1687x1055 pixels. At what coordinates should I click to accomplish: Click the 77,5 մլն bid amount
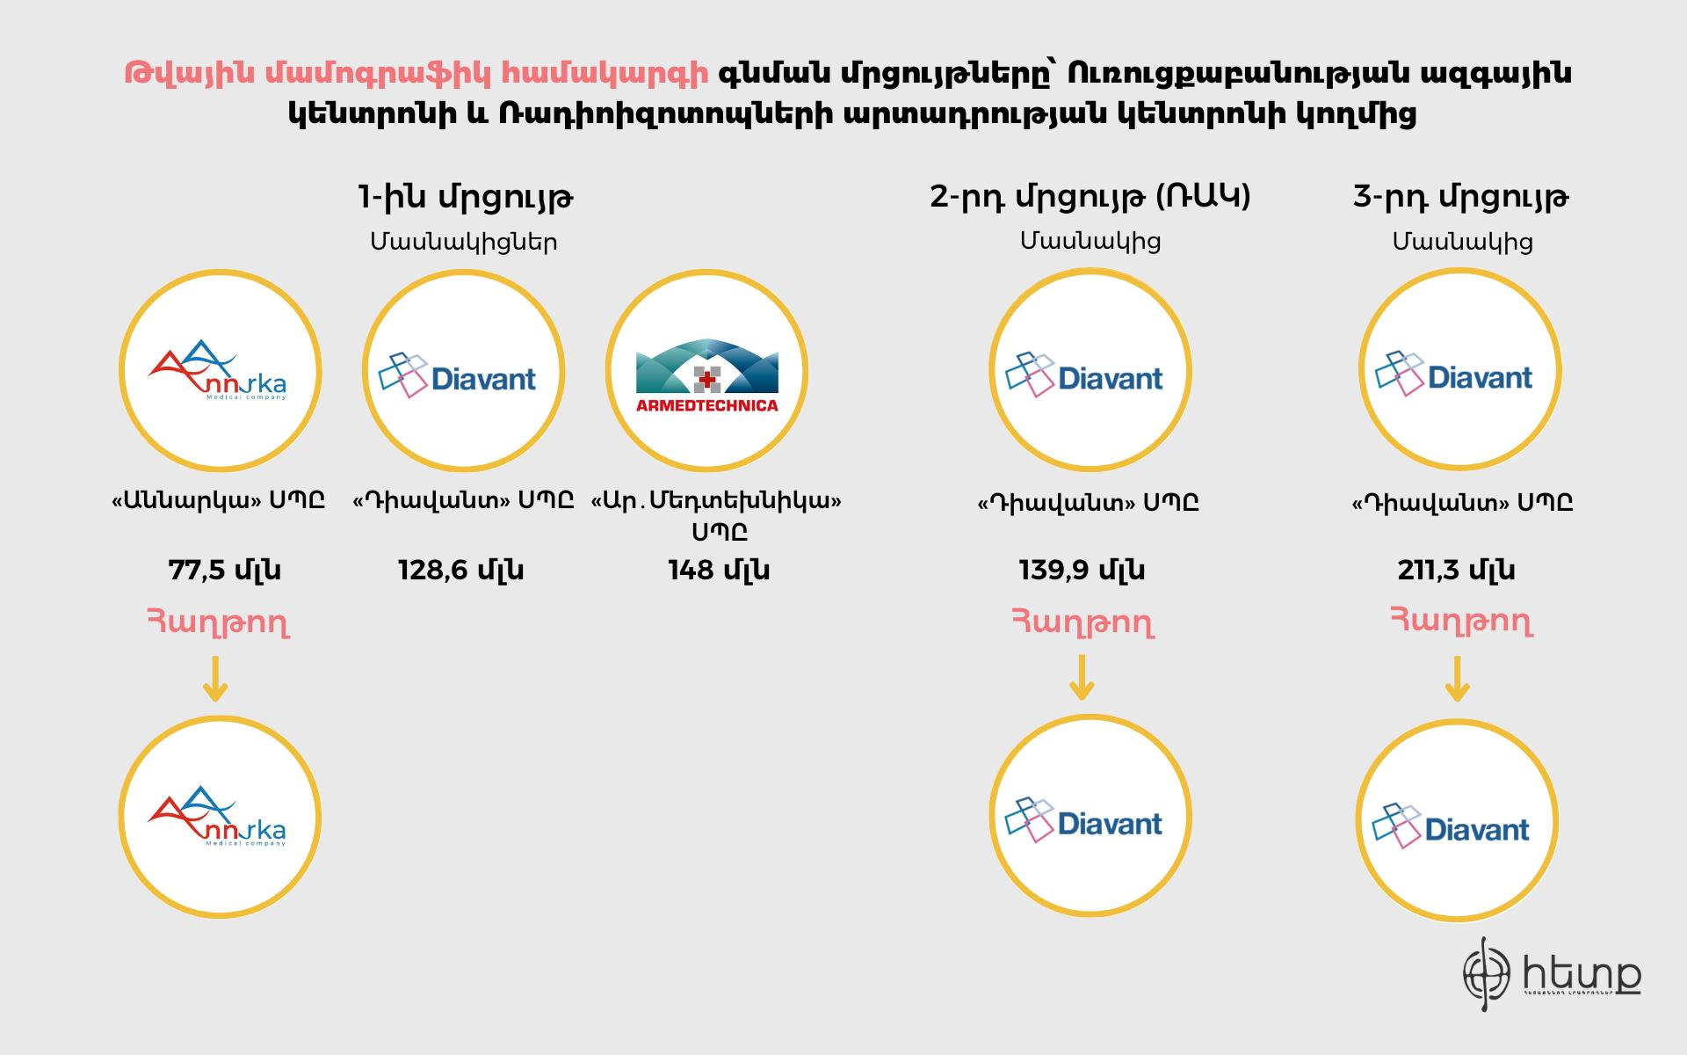coord(224,571)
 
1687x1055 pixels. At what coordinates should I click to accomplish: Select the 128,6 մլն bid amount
coord(461,571)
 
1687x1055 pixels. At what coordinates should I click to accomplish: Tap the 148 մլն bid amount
coord(719,571)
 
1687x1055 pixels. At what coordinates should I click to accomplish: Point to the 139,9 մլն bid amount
coord(1082,571)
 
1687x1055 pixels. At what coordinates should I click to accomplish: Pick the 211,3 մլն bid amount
coord(1456,571)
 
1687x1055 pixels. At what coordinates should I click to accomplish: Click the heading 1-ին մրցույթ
coord(466,198)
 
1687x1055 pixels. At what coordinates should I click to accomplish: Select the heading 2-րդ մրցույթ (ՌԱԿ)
coord(1090,198)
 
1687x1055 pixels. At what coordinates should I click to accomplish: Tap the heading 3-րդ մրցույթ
coord(1461,198)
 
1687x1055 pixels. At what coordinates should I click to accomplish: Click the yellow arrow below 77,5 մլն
coord(215,679)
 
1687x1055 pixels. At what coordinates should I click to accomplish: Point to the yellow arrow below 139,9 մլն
coord(1082,678)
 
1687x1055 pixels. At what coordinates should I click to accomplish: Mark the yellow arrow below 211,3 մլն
coord(1457,679)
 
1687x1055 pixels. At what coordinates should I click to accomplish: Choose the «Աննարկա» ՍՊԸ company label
coord(219,501)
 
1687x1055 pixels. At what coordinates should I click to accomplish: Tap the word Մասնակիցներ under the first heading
coord(464,242)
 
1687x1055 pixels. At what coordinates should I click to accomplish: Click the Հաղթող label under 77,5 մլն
coord(218,623)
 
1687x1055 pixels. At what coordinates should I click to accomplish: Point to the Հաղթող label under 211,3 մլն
coord(1461,622)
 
